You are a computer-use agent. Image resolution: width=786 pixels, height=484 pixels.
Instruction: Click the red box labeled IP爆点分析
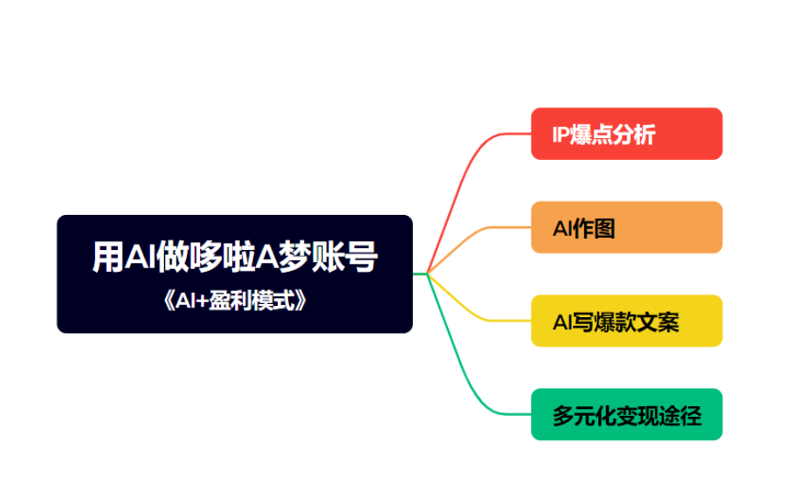coord(626,134)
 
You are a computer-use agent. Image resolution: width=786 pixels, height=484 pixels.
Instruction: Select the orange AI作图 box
coord(626,227)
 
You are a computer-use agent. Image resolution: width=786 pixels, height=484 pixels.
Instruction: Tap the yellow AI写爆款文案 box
coord(626,321)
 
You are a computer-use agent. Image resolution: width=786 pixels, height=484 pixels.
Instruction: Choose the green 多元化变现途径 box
coord(626,414)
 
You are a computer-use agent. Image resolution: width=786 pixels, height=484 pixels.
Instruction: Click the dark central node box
coord(235,273)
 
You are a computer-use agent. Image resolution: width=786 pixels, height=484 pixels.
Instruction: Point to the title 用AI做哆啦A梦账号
coord(235,257)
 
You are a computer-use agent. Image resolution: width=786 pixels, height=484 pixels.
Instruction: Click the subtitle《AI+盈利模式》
coord(235,301)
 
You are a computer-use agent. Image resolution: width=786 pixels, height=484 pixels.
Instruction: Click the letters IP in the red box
coord(561,135)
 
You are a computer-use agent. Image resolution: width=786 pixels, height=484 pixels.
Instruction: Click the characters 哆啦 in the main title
coord(223,257)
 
